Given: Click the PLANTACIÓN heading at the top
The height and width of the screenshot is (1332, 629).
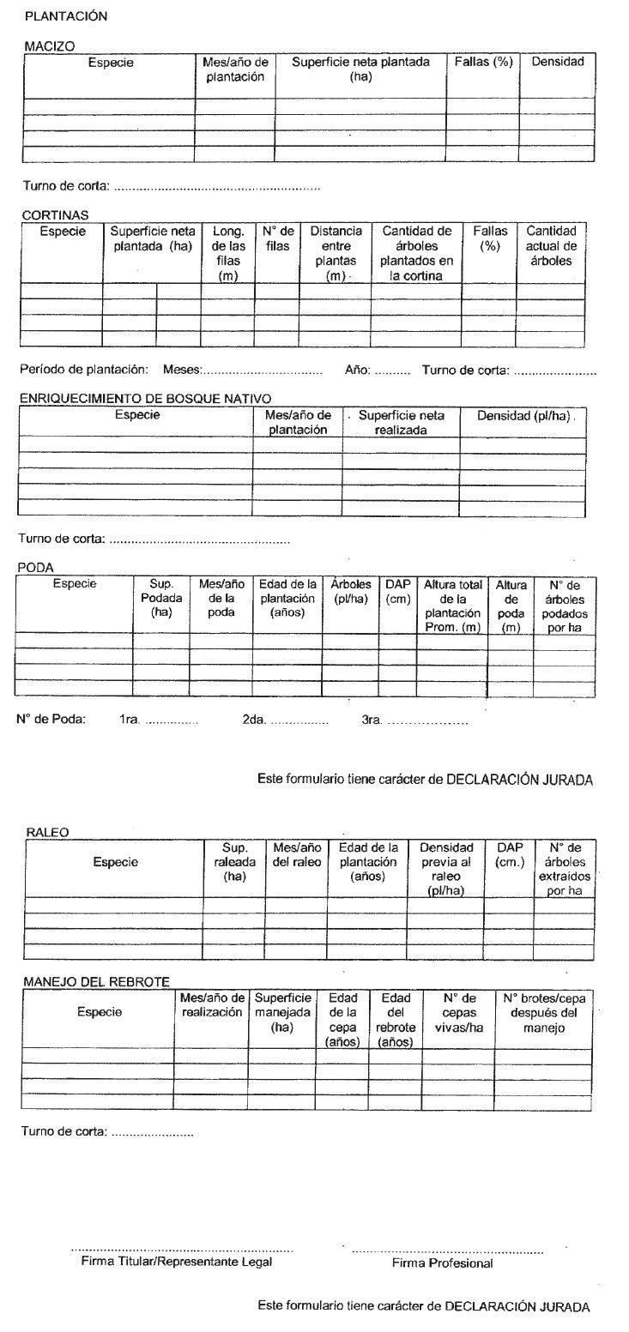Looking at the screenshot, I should (66, 15).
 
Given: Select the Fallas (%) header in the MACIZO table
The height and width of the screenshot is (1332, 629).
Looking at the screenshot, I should (482, 62).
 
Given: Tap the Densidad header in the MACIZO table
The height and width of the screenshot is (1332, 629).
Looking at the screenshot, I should (558, 62).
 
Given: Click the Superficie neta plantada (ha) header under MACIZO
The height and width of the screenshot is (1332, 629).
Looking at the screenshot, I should (360, 69).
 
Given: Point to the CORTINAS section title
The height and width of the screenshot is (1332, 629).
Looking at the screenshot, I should (55, 215).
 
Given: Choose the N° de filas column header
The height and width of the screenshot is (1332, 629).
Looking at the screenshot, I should (277, 238).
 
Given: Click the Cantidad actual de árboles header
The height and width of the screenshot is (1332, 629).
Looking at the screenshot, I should (551, 245).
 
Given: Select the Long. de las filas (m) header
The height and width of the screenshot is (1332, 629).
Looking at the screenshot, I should (228, 253).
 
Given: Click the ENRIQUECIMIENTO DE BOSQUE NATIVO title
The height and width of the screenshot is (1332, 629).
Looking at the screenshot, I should (144, 399).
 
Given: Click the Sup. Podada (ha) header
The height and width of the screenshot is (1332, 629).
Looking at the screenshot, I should (161, 598).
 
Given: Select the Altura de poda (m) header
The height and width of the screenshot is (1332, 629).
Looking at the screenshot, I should (511, 606).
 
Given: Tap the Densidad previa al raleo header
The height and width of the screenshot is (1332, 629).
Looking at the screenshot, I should (445, 869).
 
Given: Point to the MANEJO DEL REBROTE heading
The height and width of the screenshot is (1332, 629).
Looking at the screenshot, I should (96, 982).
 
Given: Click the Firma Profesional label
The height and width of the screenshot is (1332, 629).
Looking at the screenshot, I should (442, 1263).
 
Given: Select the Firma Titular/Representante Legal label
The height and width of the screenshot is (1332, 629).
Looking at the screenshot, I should (176, 1261).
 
